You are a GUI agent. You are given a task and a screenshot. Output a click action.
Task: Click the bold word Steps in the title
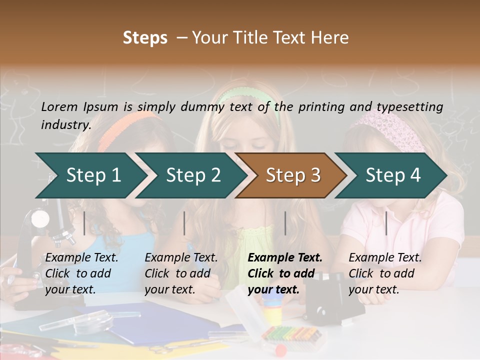145,38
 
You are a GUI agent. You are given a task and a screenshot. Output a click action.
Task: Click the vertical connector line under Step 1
84,223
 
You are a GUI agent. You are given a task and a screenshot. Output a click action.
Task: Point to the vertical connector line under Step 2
184,223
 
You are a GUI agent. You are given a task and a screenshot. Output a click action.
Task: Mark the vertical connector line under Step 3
285,223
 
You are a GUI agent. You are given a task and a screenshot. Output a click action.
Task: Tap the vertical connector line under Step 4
386,223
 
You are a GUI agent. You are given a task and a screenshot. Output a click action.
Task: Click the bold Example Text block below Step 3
285,273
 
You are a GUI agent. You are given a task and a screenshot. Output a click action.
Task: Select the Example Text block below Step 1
81,273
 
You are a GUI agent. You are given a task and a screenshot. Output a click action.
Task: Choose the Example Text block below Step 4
385,273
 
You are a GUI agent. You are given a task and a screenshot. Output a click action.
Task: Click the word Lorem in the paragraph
59,106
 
